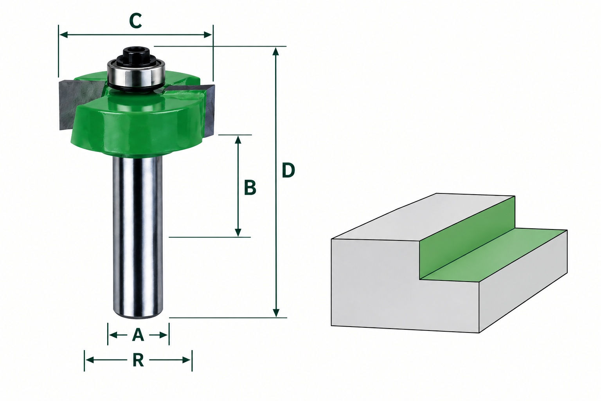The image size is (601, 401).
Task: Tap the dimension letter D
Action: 288,170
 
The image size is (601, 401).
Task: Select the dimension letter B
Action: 250,188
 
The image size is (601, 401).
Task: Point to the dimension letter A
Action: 138,335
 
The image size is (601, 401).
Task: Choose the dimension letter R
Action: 138,360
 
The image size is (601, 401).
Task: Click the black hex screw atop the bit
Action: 136,56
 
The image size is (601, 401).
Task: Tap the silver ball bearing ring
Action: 136,75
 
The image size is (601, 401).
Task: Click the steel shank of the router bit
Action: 138,237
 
